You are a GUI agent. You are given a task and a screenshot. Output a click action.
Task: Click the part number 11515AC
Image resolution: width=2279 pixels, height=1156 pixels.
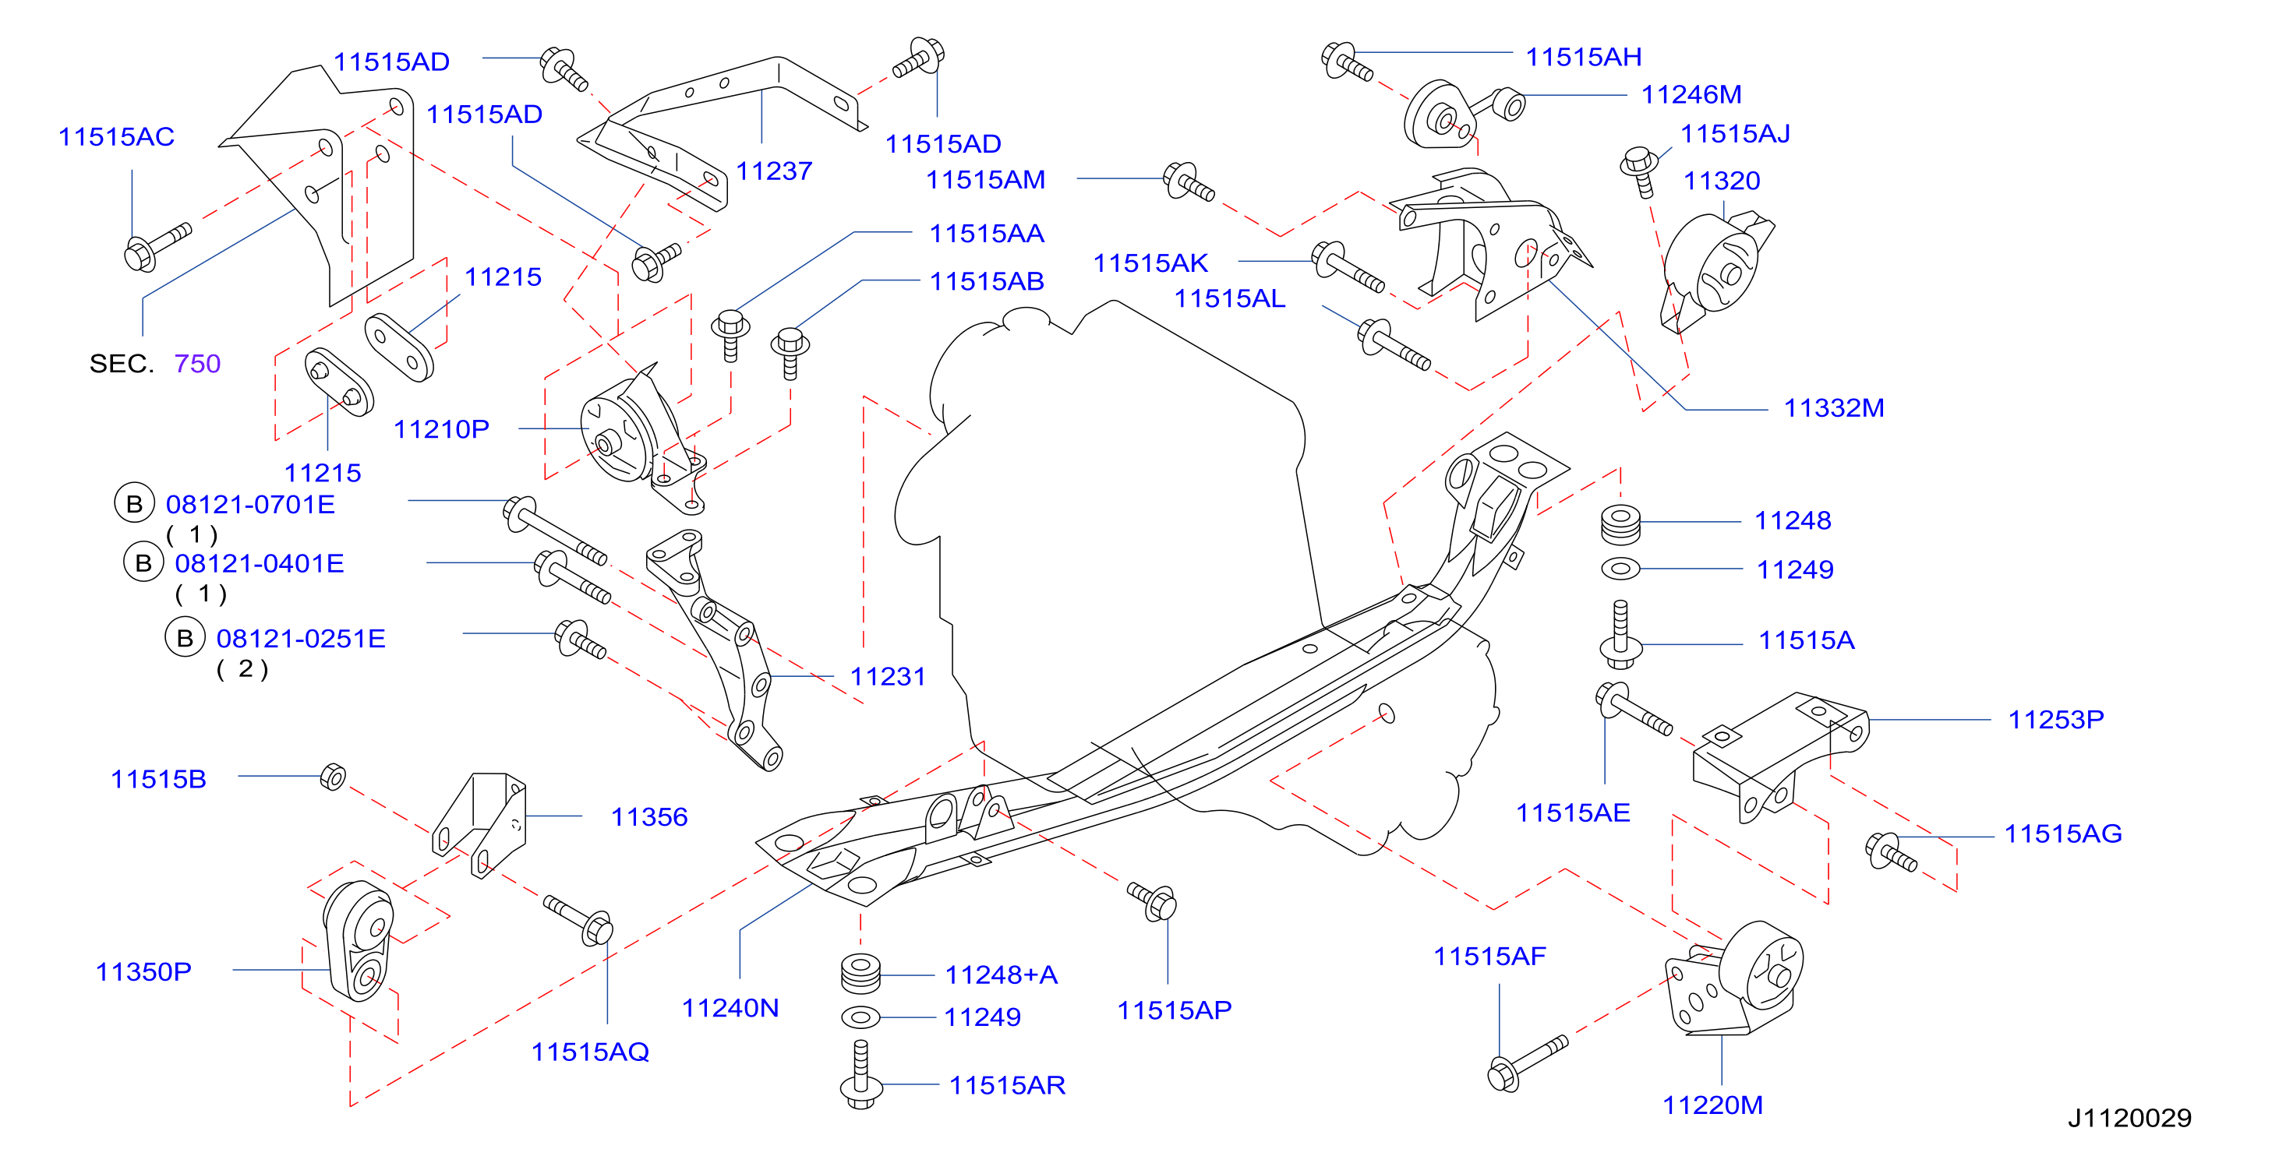[116, 137]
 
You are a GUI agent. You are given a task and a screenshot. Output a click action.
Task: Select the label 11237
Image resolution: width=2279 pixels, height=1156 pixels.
[774, 171]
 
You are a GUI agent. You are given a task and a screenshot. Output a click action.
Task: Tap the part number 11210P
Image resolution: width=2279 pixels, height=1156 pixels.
[440, 430]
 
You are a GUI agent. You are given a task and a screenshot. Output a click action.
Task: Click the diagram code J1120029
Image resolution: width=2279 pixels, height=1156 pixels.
[2129, 1118]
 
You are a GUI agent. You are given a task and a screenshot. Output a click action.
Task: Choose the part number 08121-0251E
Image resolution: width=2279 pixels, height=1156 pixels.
[301, 639]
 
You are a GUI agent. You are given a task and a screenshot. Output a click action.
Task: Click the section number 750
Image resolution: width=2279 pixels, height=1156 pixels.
[197, 364]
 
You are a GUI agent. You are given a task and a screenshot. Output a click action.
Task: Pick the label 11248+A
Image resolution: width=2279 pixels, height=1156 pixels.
[1002, 974]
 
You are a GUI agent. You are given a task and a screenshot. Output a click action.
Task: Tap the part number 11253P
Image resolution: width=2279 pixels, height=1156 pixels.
[2056, 719]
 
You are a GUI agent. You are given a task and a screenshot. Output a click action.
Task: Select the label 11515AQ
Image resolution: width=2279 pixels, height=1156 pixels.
[590, 1052]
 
